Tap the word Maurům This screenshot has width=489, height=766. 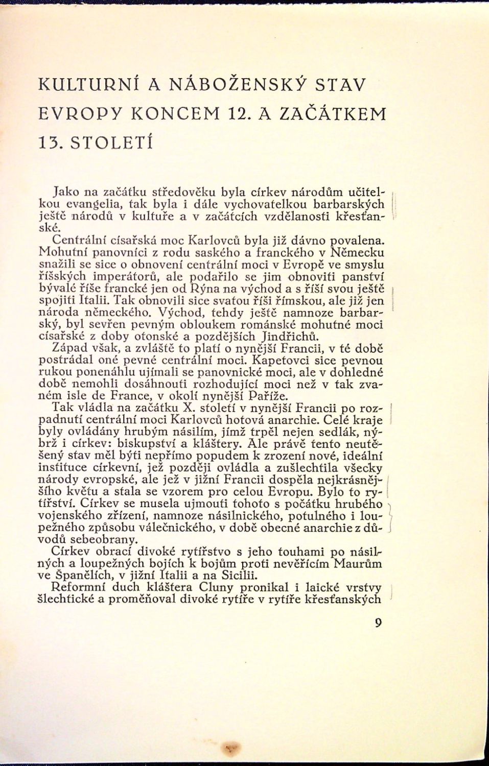tap(359, 563)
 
